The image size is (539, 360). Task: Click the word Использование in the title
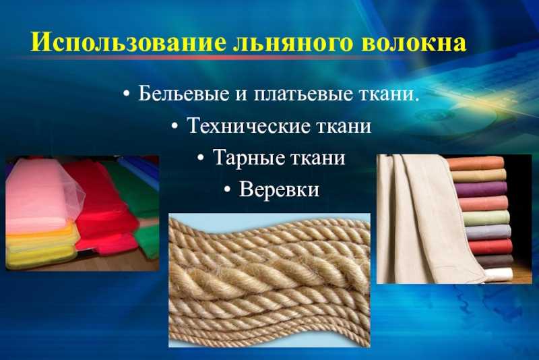(x=129, y=42)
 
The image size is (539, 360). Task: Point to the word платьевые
(x=303, y=94)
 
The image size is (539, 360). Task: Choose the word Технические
(x=249, y=125)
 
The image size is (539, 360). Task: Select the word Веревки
(x=279, y=189)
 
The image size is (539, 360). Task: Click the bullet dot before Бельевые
(x=127, y=94)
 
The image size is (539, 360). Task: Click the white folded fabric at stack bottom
(x=499, y=273)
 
